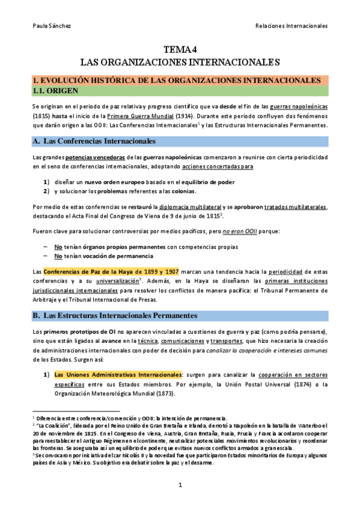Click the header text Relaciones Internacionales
click(291, 26)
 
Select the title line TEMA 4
click(180, 50)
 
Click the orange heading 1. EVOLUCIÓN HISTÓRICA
click(176, 79)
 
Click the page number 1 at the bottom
click(180, 485)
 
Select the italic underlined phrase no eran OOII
click(236, 232)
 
